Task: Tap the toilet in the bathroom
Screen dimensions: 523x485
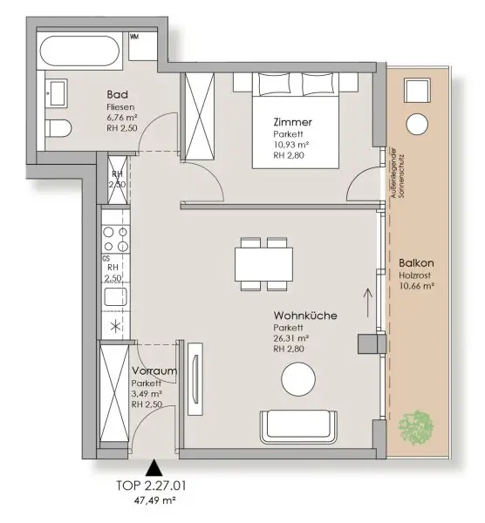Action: [x=58, y=130]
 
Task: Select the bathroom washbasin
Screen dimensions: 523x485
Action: [x=57, y=92]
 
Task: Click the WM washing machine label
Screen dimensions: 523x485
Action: [x=134, y=37]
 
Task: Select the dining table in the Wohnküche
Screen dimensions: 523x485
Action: [x=263, y=263]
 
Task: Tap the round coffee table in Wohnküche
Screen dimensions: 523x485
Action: [x=301, y=379]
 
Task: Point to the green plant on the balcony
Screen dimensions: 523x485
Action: [x=415, y=425]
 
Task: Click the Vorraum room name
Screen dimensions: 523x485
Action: [x=148, y=372]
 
